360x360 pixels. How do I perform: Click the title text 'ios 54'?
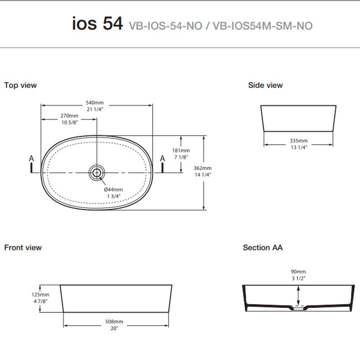click(x=97, y=24)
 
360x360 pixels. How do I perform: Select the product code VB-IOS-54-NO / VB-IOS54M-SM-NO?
click(x=220, y=26)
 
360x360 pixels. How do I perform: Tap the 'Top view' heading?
click(x=20, y=85)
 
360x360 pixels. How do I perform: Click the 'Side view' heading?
click(x=265, y=85)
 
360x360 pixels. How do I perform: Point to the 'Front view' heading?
click(x=23, y=247)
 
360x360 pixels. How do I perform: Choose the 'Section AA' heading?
click(x=263, y=247)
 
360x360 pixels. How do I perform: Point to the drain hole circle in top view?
click(x=96, y=172)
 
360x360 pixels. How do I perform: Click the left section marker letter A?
click(x=31, y=158)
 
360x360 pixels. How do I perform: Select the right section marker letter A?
click(x=163, y=158)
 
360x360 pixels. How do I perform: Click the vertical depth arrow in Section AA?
click(x=298, y=296)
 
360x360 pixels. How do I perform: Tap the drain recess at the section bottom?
click(x=298, y=309)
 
